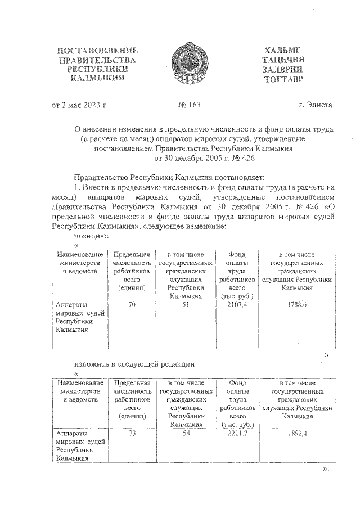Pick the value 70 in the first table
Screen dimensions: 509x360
point(132,305)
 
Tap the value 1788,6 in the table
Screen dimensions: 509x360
point(296,305)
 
